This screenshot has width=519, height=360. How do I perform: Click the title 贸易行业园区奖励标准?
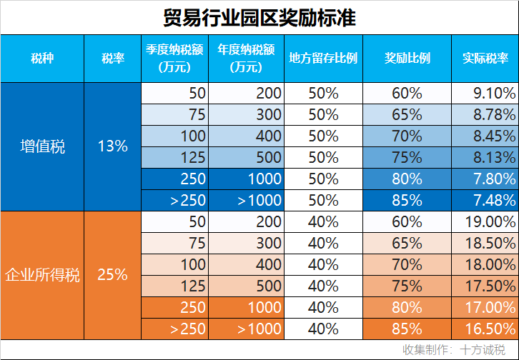click(x=259, y=17)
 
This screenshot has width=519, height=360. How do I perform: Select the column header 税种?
click(x=41, y=59)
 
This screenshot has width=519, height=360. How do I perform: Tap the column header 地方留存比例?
click(x=323, y=59)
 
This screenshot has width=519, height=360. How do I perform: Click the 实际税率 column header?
click(x=485, y=59)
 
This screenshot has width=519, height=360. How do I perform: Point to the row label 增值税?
click(x=41, y=146)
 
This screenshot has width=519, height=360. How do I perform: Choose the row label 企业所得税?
click(x=41, y=274)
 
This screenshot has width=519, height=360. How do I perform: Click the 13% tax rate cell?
click(x=112, y=146)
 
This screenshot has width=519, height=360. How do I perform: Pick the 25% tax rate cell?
click(x=112, y=274)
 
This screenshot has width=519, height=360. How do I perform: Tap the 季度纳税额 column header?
click(x=175, y=59)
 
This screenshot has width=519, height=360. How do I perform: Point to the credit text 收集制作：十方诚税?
click(x=454, y=350)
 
